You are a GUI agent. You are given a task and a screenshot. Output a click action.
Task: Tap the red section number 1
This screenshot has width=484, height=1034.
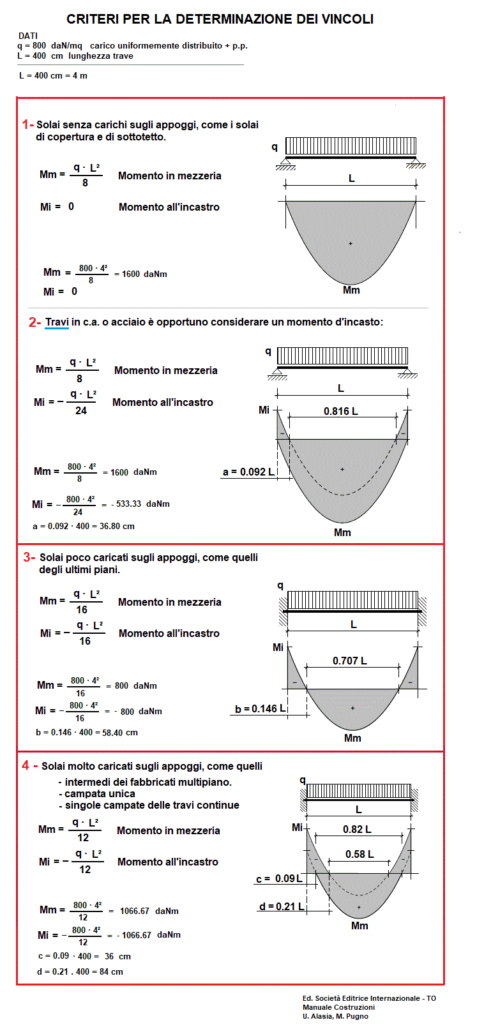coord(26,124)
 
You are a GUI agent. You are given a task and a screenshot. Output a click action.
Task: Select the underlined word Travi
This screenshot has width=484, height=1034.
coord(57,322)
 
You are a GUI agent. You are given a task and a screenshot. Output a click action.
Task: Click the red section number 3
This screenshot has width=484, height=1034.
coord(27,557)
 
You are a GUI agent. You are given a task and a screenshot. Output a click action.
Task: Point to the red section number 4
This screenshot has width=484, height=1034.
coord(26,765)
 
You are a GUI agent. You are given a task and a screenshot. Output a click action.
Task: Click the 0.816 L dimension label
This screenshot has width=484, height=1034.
coord(340,411)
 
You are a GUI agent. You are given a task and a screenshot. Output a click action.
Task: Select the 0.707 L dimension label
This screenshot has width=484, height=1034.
coord(349,661)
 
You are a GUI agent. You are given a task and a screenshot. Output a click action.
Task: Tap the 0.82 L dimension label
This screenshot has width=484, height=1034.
coord(357,829)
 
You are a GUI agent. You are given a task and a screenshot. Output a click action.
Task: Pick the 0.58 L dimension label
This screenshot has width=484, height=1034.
coord(359,854)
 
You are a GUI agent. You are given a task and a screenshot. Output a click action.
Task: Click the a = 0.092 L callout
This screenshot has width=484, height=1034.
coord(248,472)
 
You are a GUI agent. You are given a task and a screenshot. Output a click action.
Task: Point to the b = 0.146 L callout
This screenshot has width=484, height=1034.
coord(260,708)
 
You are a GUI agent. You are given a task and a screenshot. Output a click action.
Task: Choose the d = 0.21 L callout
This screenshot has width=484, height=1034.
coord(281,906)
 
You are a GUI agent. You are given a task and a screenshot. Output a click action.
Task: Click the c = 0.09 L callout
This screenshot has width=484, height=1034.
coord(279,879)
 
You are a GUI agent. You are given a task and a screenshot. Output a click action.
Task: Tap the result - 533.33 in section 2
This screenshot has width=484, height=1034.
coord(127,504)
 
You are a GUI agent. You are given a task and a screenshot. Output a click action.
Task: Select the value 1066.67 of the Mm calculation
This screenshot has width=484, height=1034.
coord(134,911)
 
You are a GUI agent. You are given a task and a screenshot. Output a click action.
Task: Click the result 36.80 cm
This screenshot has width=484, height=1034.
coord(119,526)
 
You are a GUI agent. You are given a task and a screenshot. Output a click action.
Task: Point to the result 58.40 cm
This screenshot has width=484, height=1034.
coord(120,732)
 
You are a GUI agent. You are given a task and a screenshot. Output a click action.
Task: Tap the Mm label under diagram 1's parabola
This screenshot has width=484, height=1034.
coord(351,290)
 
